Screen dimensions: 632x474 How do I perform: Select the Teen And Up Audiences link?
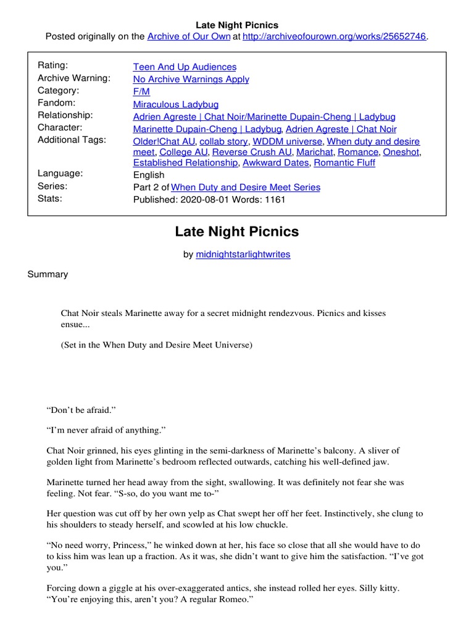tap(185, 67)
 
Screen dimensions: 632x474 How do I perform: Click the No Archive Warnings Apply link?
tap(191, 79)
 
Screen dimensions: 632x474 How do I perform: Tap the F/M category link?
tap(141, 91)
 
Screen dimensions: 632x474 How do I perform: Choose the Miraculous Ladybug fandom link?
tap(176, 104)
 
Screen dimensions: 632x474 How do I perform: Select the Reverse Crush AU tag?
tap(252, 152)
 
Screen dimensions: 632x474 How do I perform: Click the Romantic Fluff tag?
tap(344, 163)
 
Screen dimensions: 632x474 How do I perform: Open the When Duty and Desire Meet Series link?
tap(246, 187)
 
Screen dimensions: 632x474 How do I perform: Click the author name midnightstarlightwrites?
tap(243, 254)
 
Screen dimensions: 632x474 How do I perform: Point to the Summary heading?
tap(48, 274)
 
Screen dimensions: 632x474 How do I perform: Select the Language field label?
tap(60, 173)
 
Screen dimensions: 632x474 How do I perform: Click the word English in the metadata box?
tap(149, 175)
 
